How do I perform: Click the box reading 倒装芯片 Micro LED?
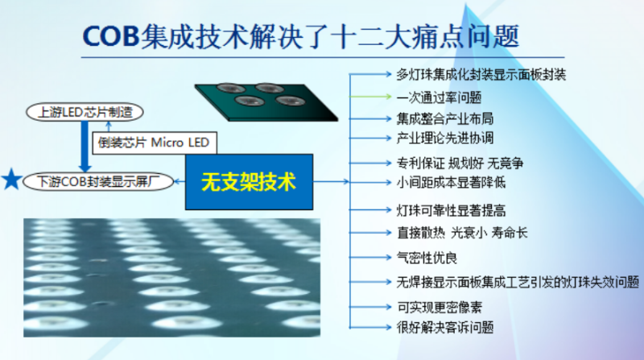pos(153,143)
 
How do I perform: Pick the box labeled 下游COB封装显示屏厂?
pos(93,180)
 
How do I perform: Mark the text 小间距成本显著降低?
pos(451,182)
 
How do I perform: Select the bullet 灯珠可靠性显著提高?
pos(451,211)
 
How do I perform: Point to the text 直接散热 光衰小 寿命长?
pos(462,233)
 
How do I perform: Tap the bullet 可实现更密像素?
pos(439,307)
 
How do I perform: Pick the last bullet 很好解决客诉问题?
pos(444,327)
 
